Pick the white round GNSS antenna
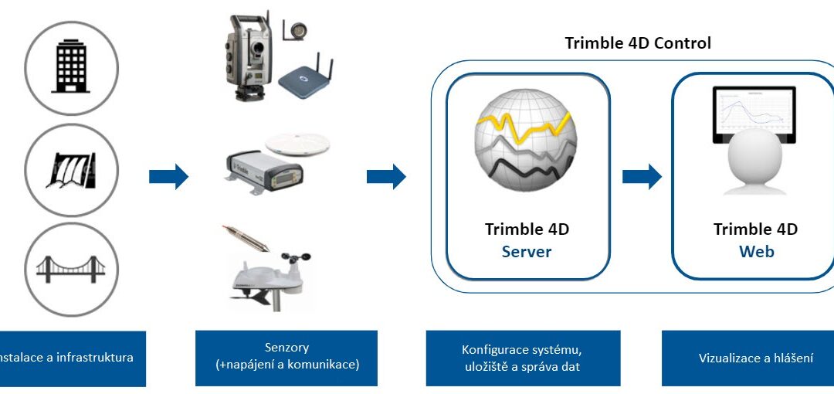point(298,143)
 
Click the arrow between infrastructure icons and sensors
point(168,176)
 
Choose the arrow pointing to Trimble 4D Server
point(386,176)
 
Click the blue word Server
point(527,252)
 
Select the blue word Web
point(756,252)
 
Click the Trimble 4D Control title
point(638,43)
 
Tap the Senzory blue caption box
point(286,358)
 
